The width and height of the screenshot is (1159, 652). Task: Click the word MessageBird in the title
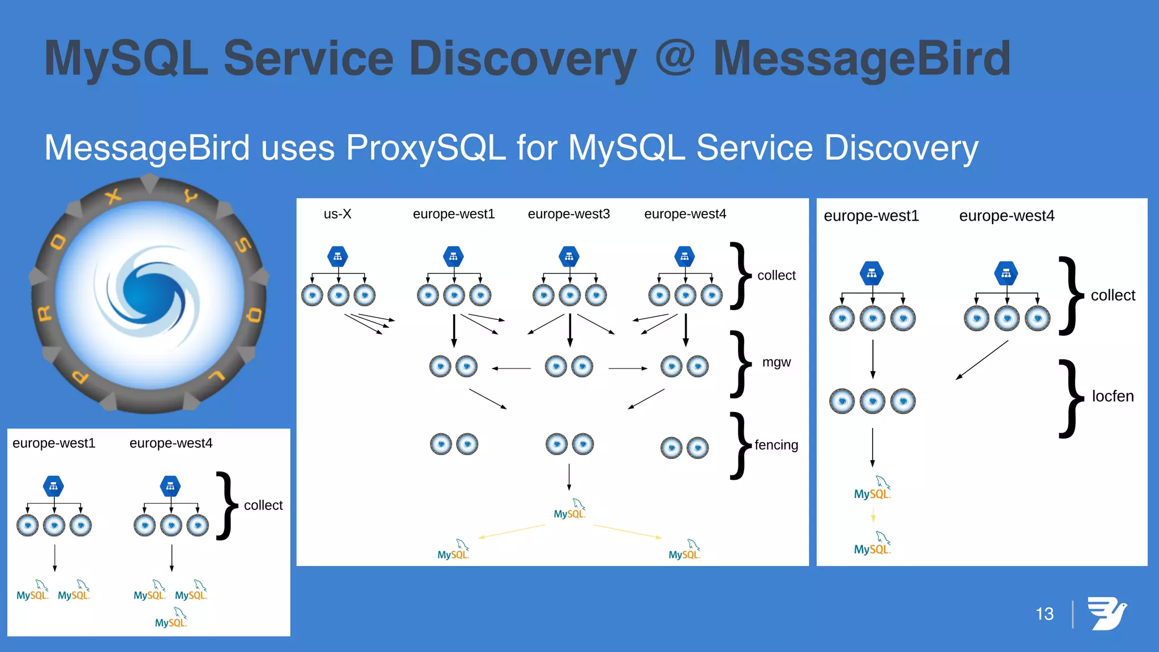[x=861, y=59]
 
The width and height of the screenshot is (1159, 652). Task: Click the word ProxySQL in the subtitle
[x=426, y=148]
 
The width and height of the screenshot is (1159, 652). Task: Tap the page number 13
[x=1044, y=614]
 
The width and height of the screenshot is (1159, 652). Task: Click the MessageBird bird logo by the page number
[x=1106, y=613]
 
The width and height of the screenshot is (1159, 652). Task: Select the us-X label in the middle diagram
[x=337, y=214]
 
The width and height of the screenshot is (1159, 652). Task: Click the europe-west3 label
[x=568, y=214]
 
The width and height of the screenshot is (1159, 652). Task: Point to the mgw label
[x=776, y=362]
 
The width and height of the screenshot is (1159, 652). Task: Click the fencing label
[x=776, y=445]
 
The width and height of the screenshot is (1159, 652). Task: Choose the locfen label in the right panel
[x=1112, y=396]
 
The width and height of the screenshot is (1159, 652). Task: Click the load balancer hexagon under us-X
[x=338, y=256]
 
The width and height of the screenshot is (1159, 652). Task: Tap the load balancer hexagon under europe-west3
[x=569, y=256]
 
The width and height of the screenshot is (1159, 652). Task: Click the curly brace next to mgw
[x=739, y=364]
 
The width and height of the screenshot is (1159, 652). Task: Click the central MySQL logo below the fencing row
[x=569, y=509]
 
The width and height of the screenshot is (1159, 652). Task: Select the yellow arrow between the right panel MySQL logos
[x=873, y=514]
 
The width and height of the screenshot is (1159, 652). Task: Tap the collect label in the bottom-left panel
[x=263, y=505]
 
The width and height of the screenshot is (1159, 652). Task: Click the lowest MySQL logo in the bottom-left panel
[x=171, y=618]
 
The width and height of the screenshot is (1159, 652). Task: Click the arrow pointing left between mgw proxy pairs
[x=511, y=368]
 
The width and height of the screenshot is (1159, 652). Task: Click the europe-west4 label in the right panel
[x=1006, y=216]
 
